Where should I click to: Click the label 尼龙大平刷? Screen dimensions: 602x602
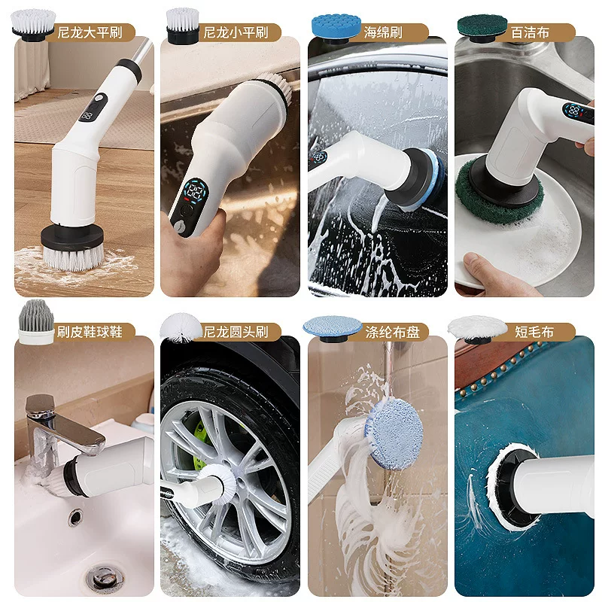90,32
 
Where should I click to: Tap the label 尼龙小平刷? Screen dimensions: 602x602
236,32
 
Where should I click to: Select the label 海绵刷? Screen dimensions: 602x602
383,32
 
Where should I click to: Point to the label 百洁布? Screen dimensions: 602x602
530,32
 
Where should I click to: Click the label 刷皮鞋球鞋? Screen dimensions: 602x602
90,331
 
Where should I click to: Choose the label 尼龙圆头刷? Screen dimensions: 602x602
236,331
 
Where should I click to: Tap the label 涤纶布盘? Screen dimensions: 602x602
392,331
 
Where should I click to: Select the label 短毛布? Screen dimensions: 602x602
534,331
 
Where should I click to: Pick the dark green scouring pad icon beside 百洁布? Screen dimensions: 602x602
482,28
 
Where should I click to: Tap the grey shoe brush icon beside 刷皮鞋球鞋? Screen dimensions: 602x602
36,322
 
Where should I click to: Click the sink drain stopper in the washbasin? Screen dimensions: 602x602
104,576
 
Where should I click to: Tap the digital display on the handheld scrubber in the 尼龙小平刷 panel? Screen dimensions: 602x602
196,191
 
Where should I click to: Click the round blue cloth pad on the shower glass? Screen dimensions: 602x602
396,434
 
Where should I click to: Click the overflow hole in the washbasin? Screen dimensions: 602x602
75,517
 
